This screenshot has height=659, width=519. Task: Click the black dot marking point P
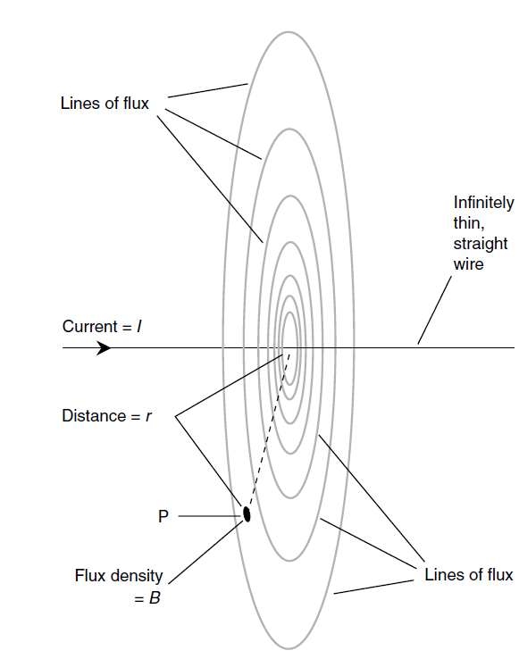247,514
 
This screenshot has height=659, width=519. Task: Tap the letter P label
163,516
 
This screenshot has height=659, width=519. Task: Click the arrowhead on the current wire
104,348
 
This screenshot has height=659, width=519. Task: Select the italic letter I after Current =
139,327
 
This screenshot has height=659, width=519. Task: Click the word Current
89,327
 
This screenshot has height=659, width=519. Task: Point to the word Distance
94,415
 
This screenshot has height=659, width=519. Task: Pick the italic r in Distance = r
148,416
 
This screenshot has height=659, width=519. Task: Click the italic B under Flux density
155,598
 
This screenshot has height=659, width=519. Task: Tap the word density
137,576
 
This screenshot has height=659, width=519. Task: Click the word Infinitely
483,203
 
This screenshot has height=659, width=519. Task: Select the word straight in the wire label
481,244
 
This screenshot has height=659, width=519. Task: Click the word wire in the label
469,264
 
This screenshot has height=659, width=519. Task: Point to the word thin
468,223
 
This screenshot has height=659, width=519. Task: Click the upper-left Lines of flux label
105,104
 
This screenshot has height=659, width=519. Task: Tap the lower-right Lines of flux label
469,575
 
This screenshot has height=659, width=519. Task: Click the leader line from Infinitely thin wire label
434,310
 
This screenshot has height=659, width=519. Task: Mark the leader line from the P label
210,516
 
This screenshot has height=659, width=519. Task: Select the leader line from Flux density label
206,552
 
